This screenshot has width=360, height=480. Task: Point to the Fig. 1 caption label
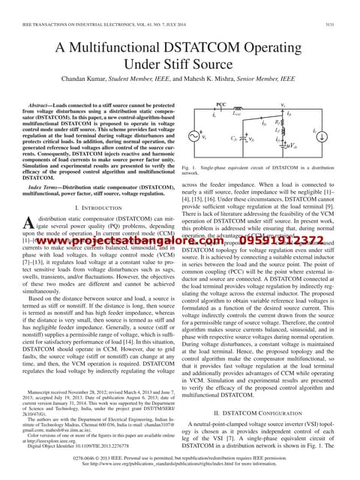coord(189,169)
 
